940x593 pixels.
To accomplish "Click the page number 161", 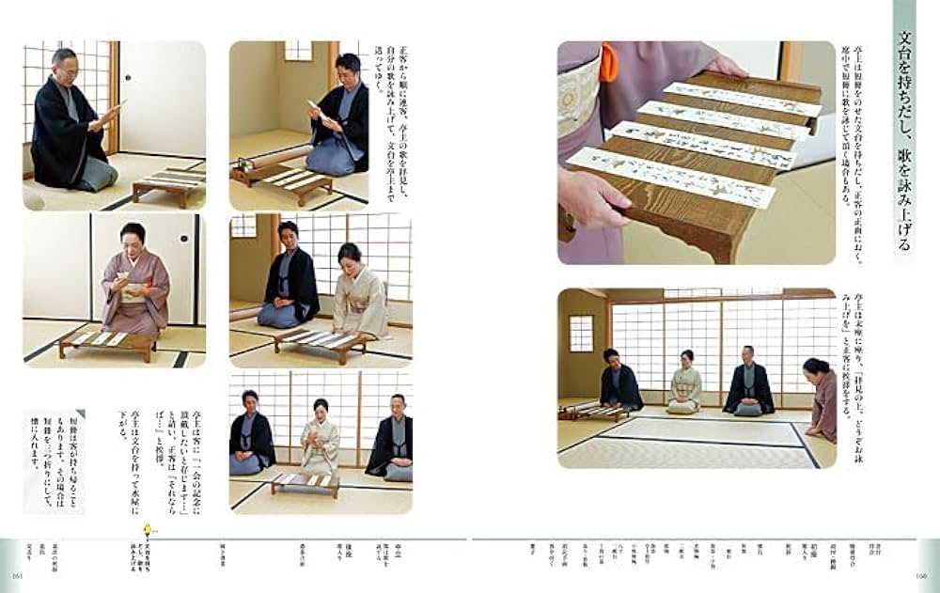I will pos(16,575).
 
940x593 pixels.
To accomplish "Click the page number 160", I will pos(922,575).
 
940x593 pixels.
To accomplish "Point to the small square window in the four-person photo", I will pos(581,333).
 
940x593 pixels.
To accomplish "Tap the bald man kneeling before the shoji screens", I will pos(748,380).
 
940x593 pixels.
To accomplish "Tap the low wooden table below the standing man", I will pos(169,185).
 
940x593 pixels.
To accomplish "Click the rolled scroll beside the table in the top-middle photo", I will pos(255,165).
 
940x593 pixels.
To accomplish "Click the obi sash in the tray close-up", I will pos(578,94).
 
